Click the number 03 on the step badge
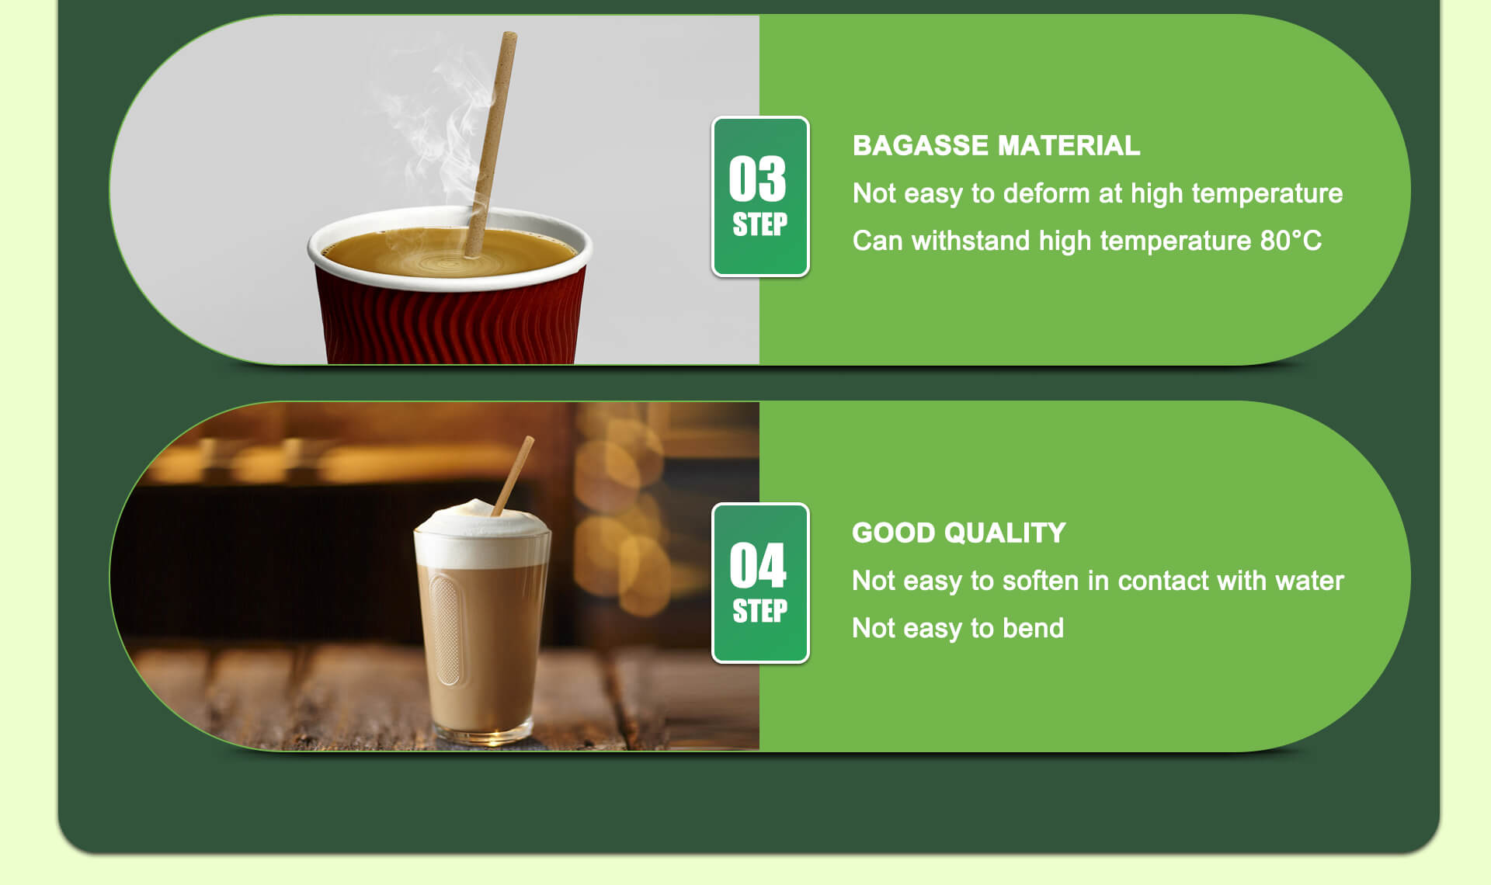(x=757, y=179)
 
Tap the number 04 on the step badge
(x=757, y=565)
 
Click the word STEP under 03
(x=759, y=224)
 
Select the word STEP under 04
(x=759, y=611)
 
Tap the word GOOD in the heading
(x=893, y=533)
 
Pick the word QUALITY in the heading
(x=1005, y=533)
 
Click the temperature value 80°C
(x=1291, y=241)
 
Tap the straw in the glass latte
(x=515, y=474)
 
